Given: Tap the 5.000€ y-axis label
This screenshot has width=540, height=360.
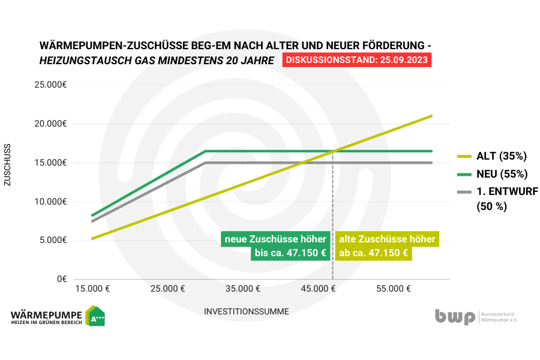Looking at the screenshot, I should coord(54,240).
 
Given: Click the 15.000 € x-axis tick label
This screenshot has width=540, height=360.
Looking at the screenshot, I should coord(92,289).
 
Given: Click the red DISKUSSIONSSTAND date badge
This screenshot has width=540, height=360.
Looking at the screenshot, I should coord(356,61).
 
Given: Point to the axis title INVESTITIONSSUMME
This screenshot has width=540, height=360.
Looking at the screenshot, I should coord(247,311).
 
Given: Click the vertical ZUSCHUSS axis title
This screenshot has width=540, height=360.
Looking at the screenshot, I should coord(8,164).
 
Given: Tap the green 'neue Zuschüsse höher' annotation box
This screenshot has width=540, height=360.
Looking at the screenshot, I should coord(275,246).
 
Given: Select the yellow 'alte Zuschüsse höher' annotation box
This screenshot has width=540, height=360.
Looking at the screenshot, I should coord(387,246).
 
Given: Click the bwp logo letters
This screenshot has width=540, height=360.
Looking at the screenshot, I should coord(455,316).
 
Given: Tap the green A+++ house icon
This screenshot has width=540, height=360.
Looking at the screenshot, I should coord(95,316).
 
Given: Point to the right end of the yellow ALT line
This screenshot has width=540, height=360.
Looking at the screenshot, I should coord(431,116).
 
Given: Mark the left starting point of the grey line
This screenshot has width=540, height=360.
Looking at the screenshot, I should coord(92,221).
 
